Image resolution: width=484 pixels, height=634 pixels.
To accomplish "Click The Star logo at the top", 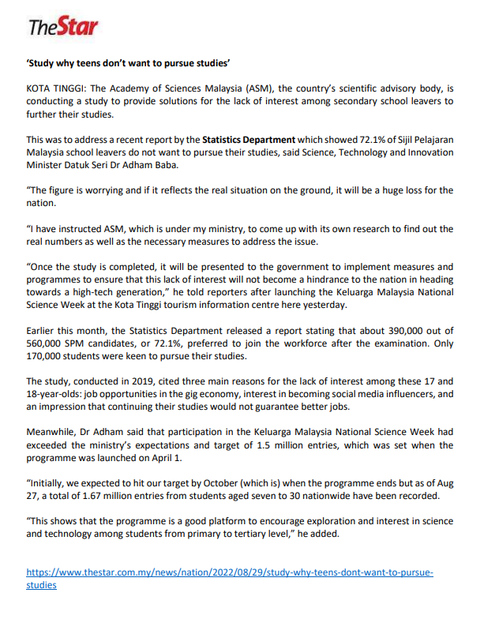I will [x=64, y=28].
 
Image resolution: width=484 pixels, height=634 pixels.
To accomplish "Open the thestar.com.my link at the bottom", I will [x=229, y=572].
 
